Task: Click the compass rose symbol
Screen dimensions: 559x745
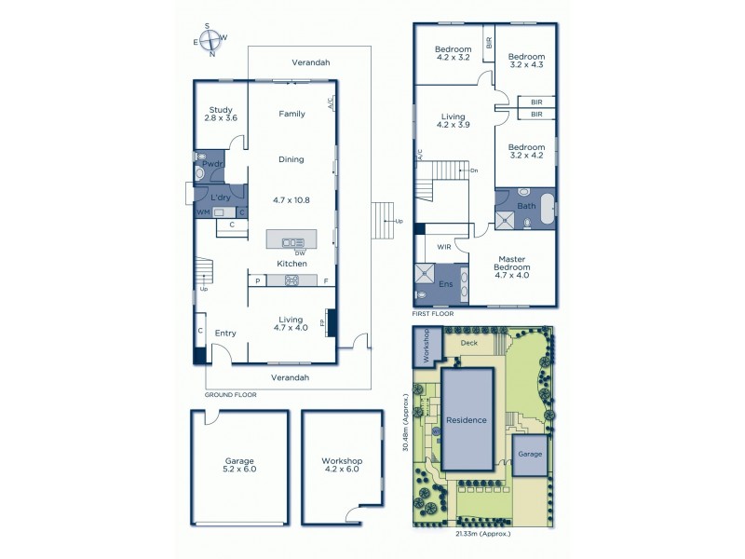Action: coord(211,41)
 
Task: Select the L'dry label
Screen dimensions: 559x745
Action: coord(221,198)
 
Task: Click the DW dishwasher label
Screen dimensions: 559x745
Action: coord(300,252)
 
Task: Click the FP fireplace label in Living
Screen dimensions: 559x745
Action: coord(322,323)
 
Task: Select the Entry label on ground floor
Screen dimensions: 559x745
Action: coord(225,333)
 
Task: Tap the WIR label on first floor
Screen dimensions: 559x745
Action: coord(444,248)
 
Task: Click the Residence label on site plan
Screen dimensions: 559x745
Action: coord(467,419)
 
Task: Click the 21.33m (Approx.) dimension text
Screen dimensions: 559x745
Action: coord(482,534)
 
